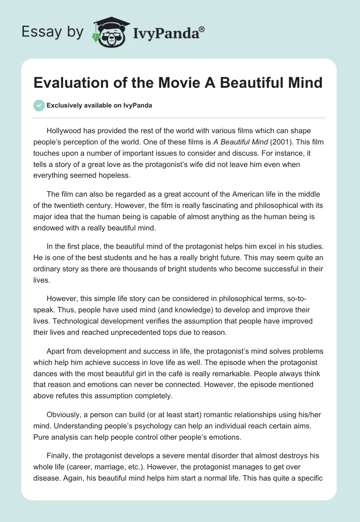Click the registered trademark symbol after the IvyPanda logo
(202, 29)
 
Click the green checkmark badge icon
(39, 105)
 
